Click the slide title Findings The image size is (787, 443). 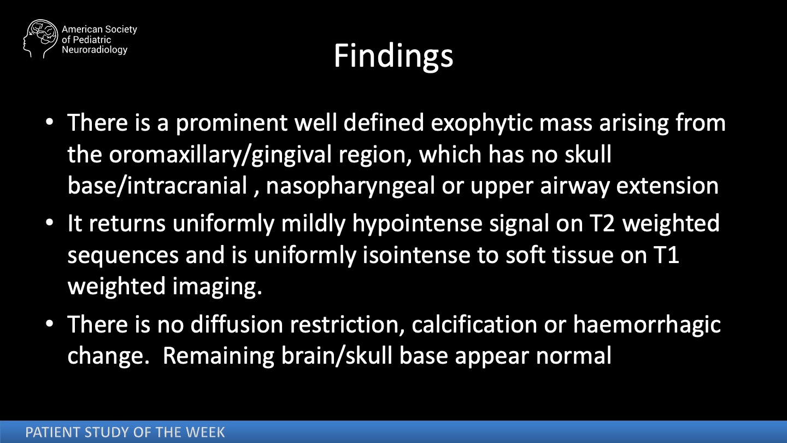pyautogui.click(x=393, y=57)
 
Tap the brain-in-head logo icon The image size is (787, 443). pyautogui.click(x=40, y=38)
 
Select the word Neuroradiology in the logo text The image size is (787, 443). pyautogui.click(x=95, y=50)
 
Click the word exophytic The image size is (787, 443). pyautogui.click(x=481, y=123)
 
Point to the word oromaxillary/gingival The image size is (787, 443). pyautogui.click(x=220, y=154)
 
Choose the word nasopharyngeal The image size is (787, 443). pyautogui.click(x=351, y=185)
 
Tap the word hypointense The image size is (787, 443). pyautogui.click(x=418, y=223)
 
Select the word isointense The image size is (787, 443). pyautogui.click(x=416, y=255)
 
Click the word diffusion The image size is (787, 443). pyautogui.click(x=237, y=324)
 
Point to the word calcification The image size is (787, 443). pyautogui.click(x=474, y=324)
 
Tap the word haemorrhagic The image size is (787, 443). pyautogui.click(x=647, y=324)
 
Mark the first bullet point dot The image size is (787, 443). pyautogui.click(x=50, y=122)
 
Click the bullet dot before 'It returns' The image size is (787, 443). pyautogui.click(x=50, y=223)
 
